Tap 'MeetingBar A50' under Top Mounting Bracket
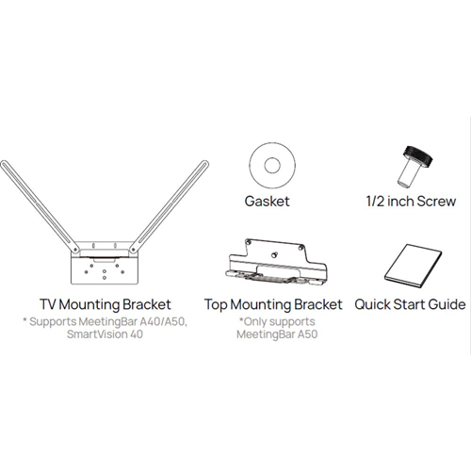(273, 334)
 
